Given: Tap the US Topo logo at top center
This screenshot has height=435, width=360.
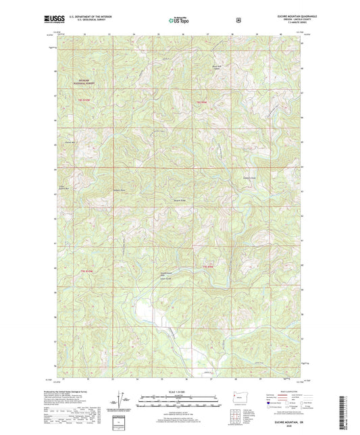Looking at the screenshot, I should point(179,20).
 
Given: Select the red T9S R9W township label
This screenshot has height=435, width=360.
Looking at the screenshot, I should point(200,101).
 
